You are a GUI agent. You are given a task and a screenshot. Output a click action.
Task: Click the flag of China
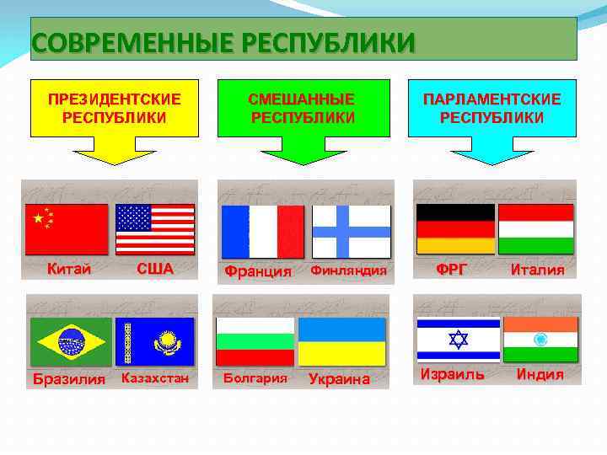(67, 229)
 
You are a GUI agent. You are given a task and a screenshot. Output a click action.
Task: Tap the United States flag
(155, 229)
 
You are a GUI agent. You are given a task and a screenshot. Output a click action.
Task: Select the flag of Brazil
(71, 342)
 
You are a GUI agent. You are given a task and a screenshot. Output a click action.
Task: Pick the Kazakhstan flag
(155, 342)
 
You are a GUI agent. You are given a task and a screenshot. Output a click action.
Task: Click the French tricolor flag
(261, 232)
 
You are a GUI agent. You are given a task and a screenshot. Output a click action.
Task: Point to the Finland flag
(351, 232)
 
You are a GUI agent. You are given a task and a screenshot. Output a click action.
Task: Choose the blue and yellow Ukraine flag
(341, 342)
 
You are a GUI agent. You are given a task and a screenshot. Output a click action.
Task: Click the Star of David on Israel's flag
(457, 340)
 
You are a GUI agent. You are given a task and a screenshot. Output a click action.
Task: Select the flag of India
(540, 340)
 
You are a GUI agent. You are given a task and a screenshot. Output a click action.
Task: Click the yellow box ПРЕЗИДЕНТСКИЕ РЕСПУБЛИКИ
(114, 108)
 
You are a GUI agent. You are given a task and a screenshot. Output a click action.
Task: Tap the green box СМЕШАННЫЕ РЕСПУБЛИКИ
(302, 108)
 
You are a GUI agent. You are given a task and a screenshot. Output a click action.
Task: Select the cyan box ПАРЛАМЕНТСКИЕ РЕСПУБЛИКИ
(492, 108)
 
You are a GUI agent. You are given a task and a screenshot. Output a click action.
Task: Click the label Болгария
(255, 377)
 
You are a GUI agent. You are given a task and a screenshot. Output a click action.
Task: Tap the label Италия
(537, 270)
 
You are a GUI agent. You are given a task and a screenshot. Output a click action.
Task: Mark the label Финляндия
(348, 270)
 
